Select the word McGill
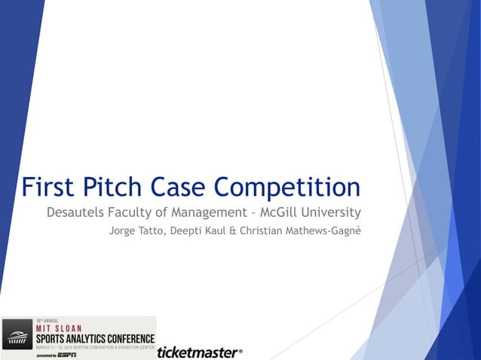click(299, 212)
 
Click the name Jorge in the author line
click(124, 230)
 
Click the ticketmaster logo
click(200, 352)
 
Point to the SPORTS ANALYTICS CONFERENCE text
click(95, 338)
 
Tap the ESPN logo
click(66, 355)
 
